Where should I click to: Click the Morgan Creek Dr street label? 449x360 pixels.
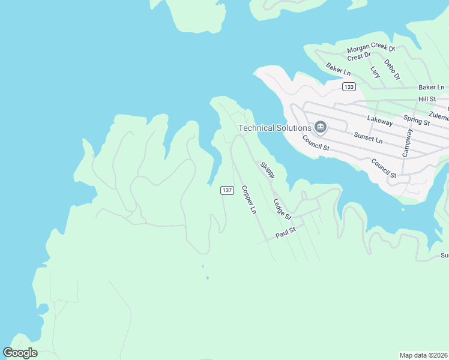[371, 49]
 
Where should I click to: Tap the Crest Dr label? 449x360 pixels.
[359, 57]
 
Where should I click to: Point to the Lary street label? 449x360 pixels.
[375, 72]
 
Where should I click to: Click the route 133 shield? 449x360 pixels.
[349, 87]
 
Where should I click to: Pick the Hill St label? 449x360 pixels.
[427, 98]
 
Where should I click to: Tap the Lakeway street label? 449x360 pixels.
[379, 122]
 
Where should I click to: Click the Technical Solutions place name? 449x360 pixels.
[275, 128]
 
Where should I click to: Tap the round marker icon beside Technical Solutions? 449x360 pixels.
[321, 127]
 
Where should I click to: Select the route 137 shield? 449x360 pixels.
[226, 190]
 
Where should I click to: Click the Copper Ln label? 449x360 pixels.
[249, 200]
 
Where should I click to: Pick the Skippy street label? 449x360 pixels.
[267, 169]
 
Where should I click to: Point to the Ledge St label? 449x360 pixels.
[282, 209]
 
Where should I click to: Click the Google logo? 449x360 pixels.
[20, 352]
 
